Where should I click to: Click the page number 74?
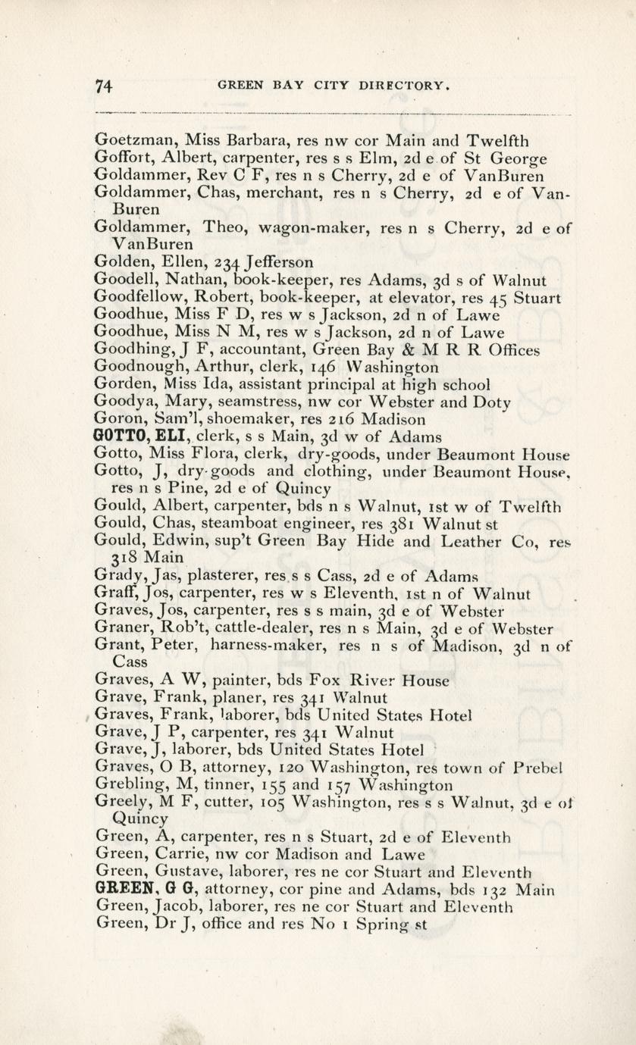click(x=105, y=87)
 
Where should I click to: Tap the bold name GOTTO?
click(x=114, y=436)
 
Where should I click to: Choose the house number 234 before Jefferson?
click(x=227, y=263)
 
